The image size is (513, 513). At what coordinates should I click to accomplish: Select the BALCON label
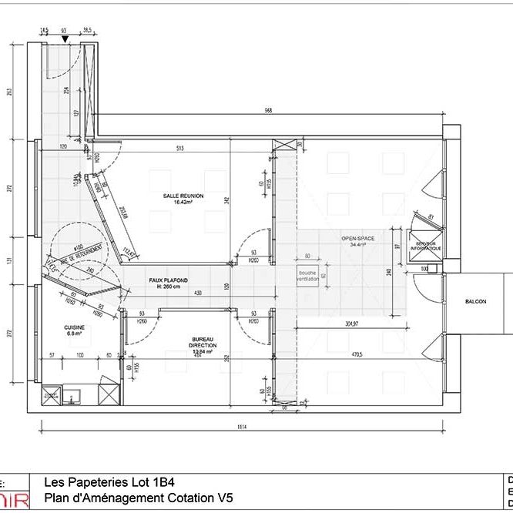(475, 302)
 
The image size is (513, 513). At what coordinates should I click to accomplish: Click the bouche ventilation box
(307, 276)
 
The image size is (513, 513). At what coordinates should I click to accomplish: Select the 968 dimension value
(268, 110)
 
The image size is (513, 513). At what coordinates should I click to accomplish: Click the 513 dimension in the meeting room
(179, 148)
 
